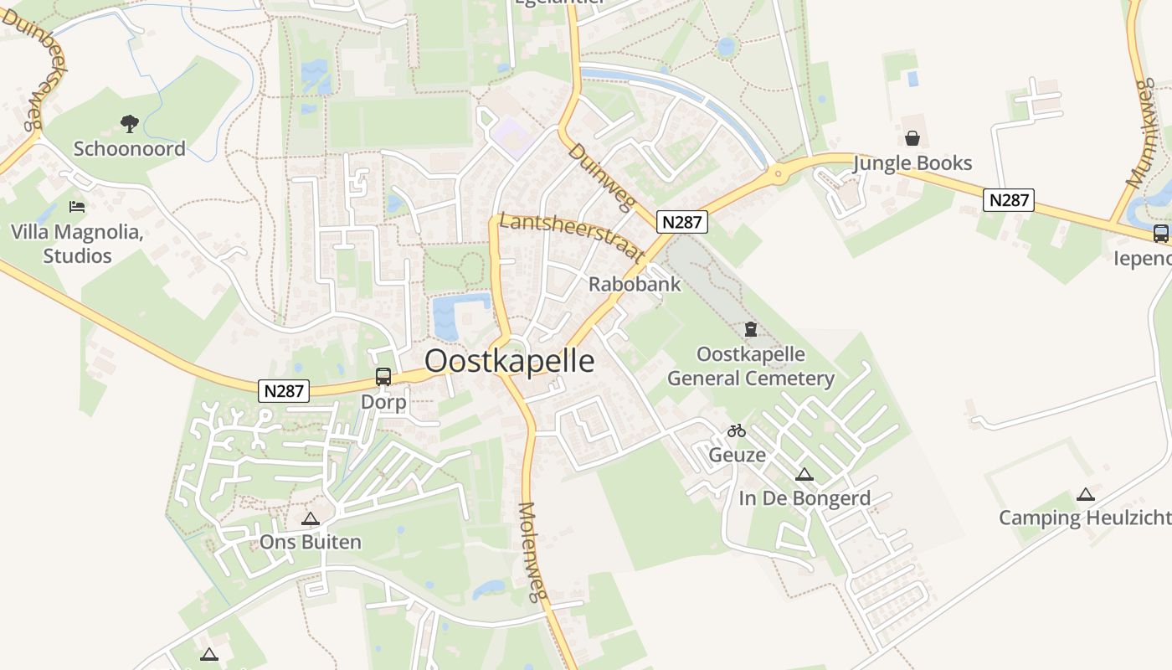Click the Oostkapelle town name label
pyautogui.click(x=510, y=361)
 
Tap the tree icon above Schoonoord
pyautogui.click(x=129, y=125)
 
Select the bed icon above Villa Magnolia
pyautogui.click(x=77, y=206)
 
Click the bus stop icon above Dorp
pyautogui.click(x=383, y=377)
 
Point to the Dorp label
pyautogui.click(x=383, y=402)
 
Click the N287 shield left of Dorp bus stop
pyautogui.click(x=284, y=390)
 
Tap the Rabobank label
pyautogui.click(x=635, y=284)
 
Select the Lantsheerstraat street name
pyautogui.click(x=572, y=236)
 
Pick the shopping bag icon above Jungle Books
pyautogui.click(x=912, y=138)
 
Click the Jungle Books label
pyautogui.click(x=912, y=162)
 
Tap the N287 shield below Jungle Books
pyautogui.click(x=1009, y=200)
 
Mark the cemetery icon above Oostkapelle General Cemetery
pyautogui.click(x=751, y=329)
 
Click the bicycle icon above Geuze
pyautogui.click(x=737, y=431)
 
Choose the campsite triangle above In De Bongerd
pyautogui.click(x=804, y=475)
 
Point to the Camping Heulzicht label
pyautogui.click(x=1085, y=518)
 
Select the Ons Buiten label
pyautogui.click(x=311, y=542)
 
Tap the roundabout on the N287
pyautogui.click(x=779, y=174)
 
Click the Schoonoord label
pyautogui.click(x=130, y=149)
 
